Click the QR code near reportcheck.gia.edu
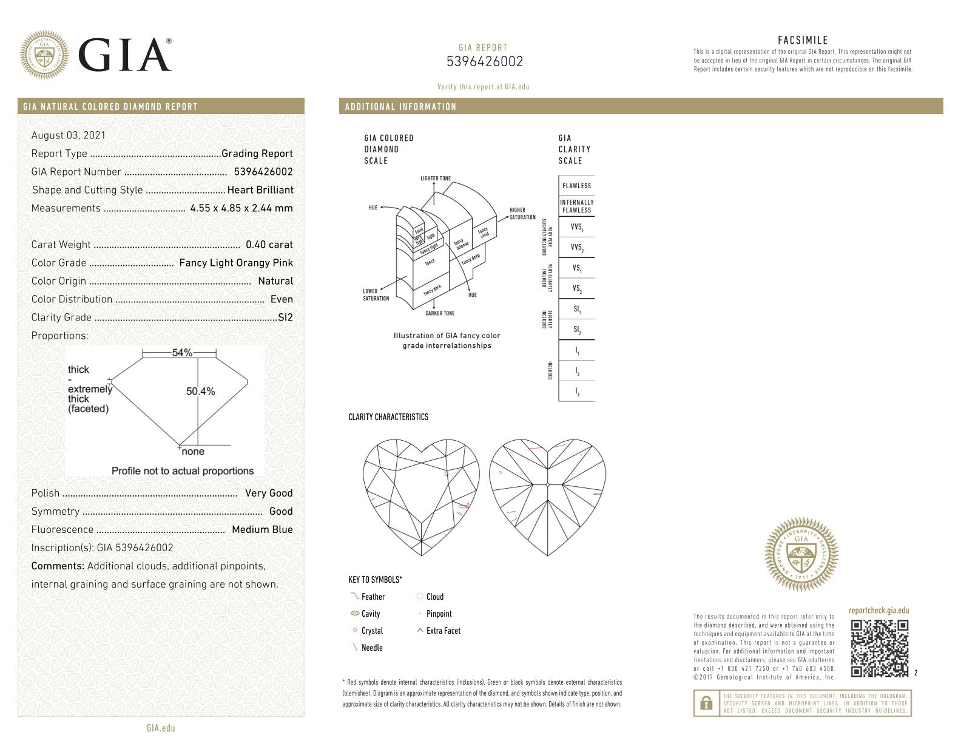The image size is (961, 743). tap(879, 648)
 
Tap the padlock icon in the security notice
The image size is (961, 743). tap(706, 704)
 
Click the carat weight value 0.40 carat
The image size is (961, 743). tap(269, 245)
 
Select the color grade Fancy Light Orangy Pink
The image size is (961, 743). tap(236, 263)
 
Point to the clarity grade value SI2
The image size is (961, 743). tap(285, 317)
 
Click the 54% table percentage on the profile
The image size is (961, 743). tap(182, 353)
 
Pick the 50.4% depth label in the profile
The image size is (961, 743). tap(200, 392)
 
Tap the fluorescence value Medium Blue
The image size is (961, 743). tap(262, 530)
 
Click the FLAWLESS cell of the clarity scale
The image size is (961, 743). tap(576, 186)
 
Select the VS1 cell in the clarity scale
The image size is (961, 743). tap(576, 268)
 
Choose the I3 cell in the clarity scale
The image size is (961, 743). tap(576, 392)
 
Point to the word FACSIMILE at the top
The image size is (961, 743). tap(803, 41)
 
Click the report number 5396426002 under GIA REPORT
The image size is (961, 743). tap(484, 62)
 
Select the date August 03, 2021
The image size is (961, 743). tap(68, 135)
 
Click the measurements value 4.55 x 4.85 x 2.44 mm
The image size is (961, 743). tap(241, 208)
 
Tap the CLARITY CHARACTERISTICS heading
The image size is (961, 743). tap(388, 417)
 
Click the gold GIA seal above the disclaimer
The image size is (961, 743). tap(801, 554)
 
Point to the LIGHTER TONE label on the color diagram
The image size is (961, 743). tap(436, 178)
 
